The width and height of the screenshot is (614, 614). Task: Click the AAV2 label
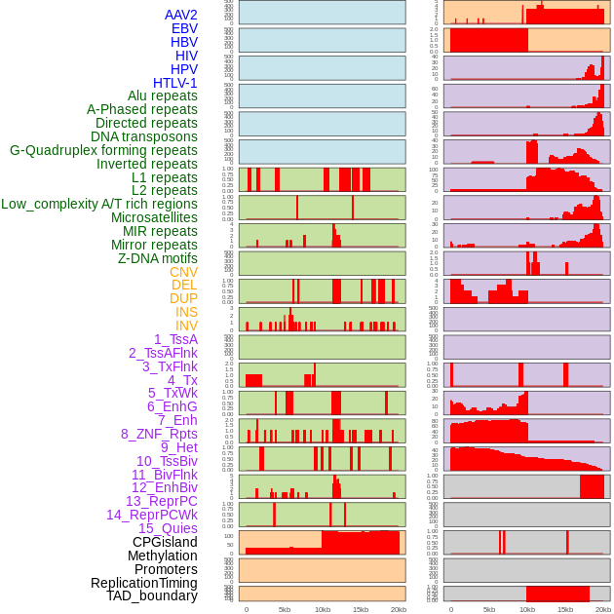[180, 15]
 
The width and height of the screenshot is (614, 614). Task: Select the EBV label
[184, 28]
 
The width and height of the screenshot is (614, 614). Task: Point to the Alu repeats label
[162, 96]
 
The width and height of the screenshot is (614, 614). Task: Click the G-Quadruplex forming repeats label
[103, 150]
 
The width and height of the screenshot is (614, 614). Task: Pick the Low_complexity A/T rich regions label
[99, 204]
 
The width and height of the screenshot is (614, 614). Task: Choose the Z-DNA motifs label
[157, 258]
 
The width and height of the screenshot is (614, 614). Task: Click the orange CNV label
[183, 272]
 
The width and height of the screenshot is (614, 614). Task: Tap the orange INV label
[186, 326]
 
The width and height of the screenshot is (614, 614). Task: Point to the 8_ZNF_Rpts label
[159, 434]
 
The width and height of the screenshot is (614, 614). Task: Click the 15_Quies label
[168, 528]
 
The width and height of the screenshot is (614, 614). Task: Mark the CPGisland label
[165, 542]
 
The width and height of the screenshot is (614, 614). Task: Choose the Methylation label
[162, 556]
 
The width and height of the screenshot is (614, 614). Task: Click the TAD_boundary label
[152, 595]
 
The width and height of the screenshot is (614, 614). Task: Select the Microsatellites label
[154, 217]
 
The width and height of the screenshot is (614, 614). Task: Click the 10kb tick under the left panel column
[323, 609]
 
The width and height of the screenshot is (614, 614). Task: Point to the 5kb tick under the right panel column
[489, 609]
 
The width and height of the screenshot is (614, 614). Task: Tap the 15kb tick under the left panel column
[361, 609]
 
